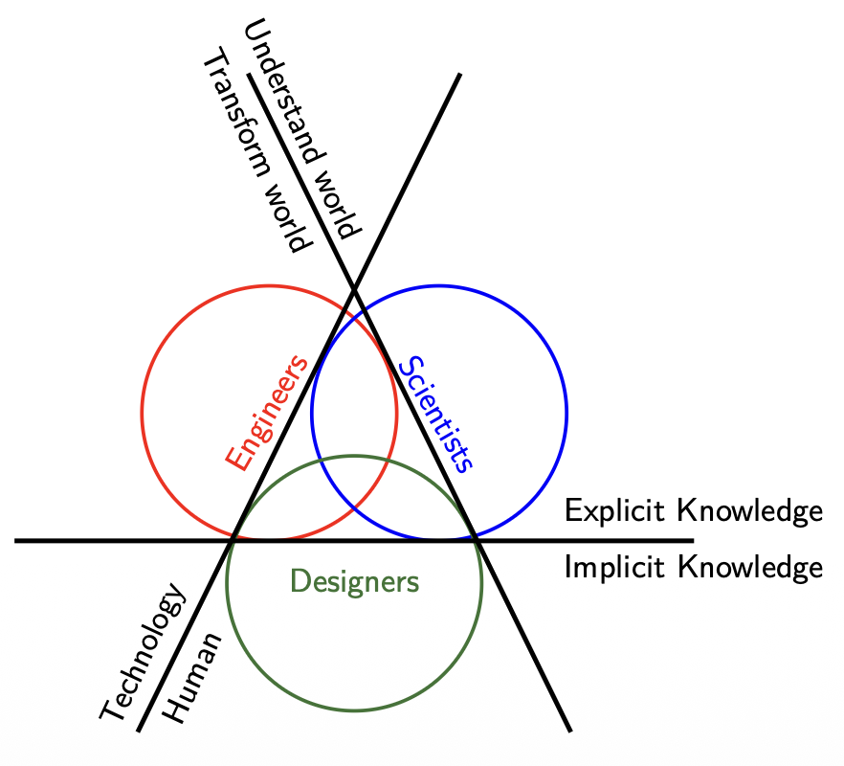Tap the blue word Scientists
pyautogui.click(x=436, y=415)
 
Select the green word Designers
pyautogui.click(x=354, y=580)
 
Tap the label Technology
pyautogui.click(x=143, y=652)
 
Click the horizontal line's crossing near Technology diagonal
pyautogui.click(x=233, y=541)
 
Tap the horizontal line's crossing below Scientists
pyautogui.click(x=477, y=541)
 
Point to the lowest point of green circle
pyautogui.click(x=354, y=710)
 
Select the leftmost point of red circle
pyautogui.click(x=143, y=414)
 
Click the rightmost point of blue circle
pyautogui.click(x=566, y=414)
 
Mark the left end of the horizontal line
pyautogui.click(x=15, y=541)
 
